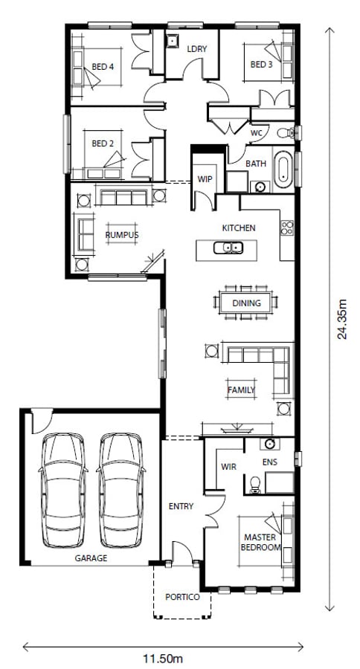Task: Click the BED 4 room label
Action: [x=103, y=67]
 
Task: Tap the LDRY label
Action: [x=197, y=49]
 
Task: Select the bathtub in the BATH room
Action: [x=283, y=169]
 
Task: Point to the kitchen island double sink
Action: [x=228, y=247]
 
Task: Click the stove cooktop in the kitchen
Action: [x=287, y=227]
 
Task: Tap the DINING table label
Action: [x=246, y=303]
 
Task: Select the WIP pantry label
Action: [x=205, y=178]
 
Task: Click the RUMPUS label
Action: [x=122, y=235]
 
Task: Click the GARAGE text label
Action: [x=91, y=558]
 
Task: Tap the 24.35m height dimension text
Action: [x=342, y=319]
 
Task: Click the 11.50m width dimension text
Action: [x=163, y=659]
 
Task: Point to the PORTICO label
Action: [x=182, y=597]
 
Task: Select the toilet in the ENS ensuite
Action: [x=255, y=485]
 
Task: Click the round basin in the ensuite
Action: [x=269, y=444]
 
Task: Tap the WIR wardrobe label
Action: [x=228, y=466]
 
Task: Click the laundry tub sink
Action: [x=172, y=41]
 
